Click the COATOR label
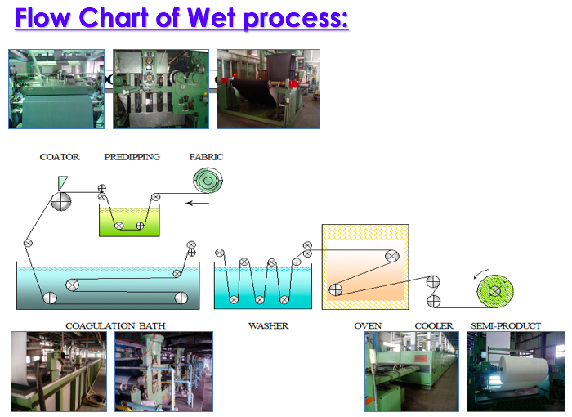point(60,157)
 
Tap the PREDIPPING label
point(132,157)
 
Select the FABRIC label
point(206,157)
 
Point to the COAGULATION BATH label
point(115,325)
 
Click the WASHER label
point(269,325)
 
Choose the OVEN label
point(368,325)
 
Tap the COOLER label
point(434,325)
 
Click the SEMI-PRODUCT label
point(506,325)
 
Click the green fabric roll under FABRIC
point(208,180)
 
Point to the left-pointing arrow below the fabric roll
point(197,203)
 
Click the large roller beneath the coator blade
point(61,201)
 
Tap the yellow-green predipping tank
point(129,222)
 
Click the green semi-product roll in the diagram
point(495,291)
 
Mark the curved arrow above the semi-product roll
point(480,273)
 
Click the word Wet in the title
point(211,17)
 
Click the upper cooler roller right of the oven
point(433,281)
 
